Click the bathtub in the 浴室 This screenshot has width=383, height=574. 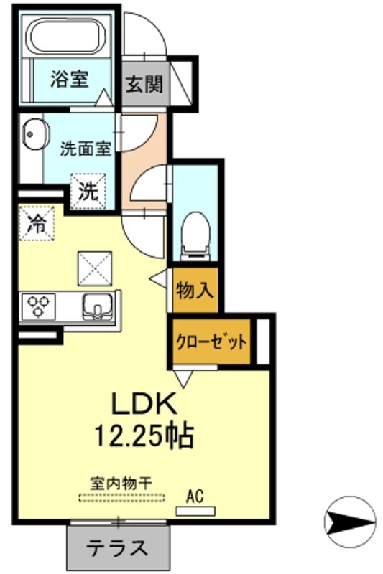pos(68,37)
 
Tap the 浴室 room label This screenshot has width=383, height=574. pos(70,79)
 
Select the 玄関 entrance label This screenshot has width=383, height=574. pos(144,84)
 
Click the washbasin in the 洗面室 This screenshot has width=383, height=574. pos(36,134)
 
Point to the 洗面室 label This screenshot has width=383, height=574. pos(86,149)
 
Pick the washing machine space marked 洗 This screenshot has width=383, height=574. pos(88,191)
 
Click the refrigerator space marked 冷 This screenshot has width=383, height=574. pos(37,223)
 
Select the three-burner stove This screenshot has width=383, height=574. pos(39,306)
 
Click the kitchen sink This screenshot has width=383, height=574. pos(98,307)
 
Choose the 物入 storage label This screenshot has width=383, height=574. pos(195,291)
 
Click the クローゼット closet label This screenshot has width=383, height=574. pos(211,343)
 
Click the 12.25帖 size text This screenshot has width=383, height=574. pos(144,436)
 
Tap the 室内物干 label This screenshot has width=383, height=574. pos(121,484)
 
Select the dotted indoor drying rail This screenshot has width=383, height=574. pos(121,498)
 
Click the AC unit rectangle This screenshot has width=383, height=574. pos(195,511)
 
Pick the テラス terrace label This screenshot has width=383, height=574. pos(118,547)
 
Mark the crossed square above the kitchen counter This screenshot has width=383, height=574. pos(95,268)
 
